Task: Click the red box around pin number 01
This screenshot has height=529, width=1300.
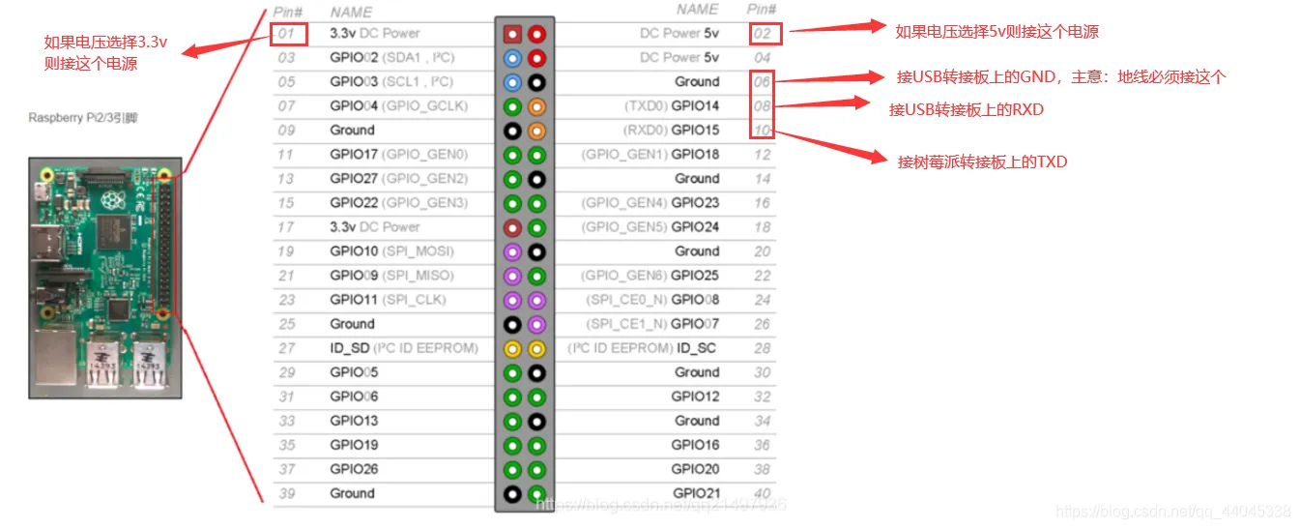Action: point(289,34)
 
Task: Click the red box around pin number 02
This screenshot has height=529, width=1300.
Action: point(765,34)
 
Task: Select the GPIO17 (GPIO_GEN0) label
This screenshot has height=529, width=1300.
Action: point(398,155)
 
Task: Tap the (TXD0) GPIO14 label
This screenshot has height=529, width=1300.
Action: point(673,106)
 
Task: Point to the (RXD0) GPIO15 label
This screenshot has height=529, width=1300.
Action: point(673,131)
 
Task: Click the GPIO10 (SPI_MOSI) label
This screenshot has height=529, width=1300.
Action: point(391,251)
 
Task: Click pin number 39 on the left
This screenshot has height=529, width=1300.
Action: point(287,493)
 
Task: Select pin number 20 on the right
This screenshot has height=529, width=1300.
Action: point(763,251)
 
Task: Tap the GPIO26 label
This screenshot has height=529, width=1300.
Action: point(354,469)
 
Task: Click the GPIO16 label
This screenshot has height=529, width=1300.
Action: point(695,445)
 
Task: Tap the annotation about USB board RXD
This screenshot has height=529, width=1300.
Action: point(967,109)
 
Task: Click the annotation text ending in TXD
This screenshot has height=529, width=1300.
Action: point(982,162)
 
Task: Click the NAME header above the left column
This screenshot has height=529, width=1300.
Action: point(351,13)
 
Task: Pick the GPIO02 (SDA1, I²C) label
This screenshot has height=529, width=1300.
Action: point(391,58)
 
